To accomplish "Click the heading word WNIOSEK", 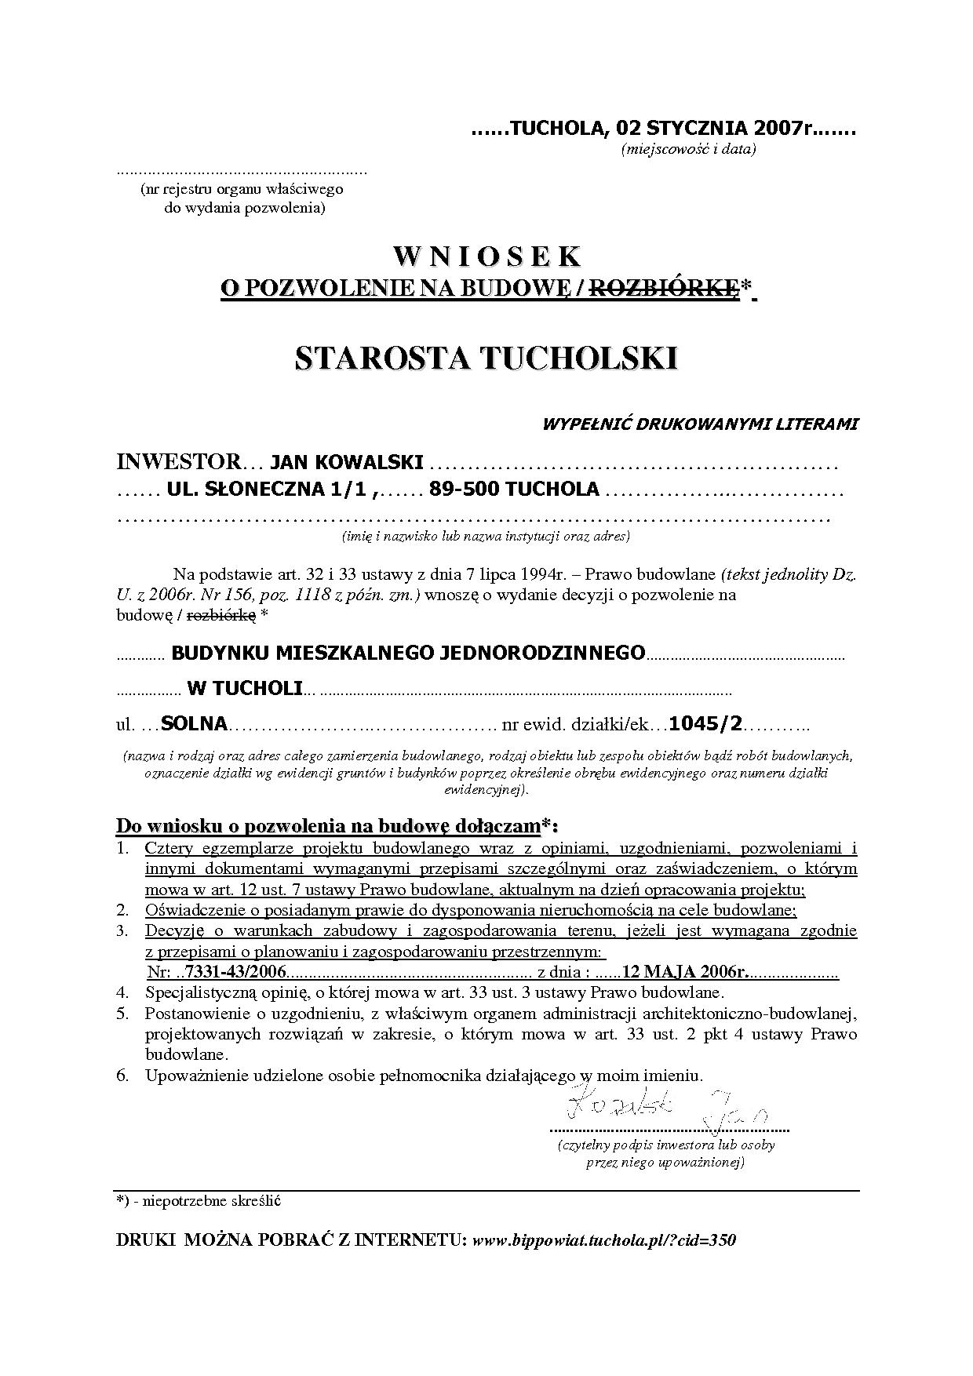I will point(486,257).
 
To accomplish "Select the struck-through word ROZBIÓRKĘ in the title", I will point(664,289).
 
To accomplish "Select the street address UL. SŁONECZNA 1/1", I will point(269,490).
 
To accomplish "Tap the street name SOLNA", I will point(193,723).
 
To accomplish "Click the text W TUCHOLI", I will point(245,688).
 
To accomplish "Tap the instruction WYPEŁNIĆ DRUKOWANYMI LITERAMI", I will point(700,424).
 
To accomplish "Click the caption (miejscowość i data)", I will point(688,149).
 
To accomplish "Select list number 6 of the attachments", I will point(122,1076).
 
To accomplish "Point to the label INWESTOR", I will point(177,462).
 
